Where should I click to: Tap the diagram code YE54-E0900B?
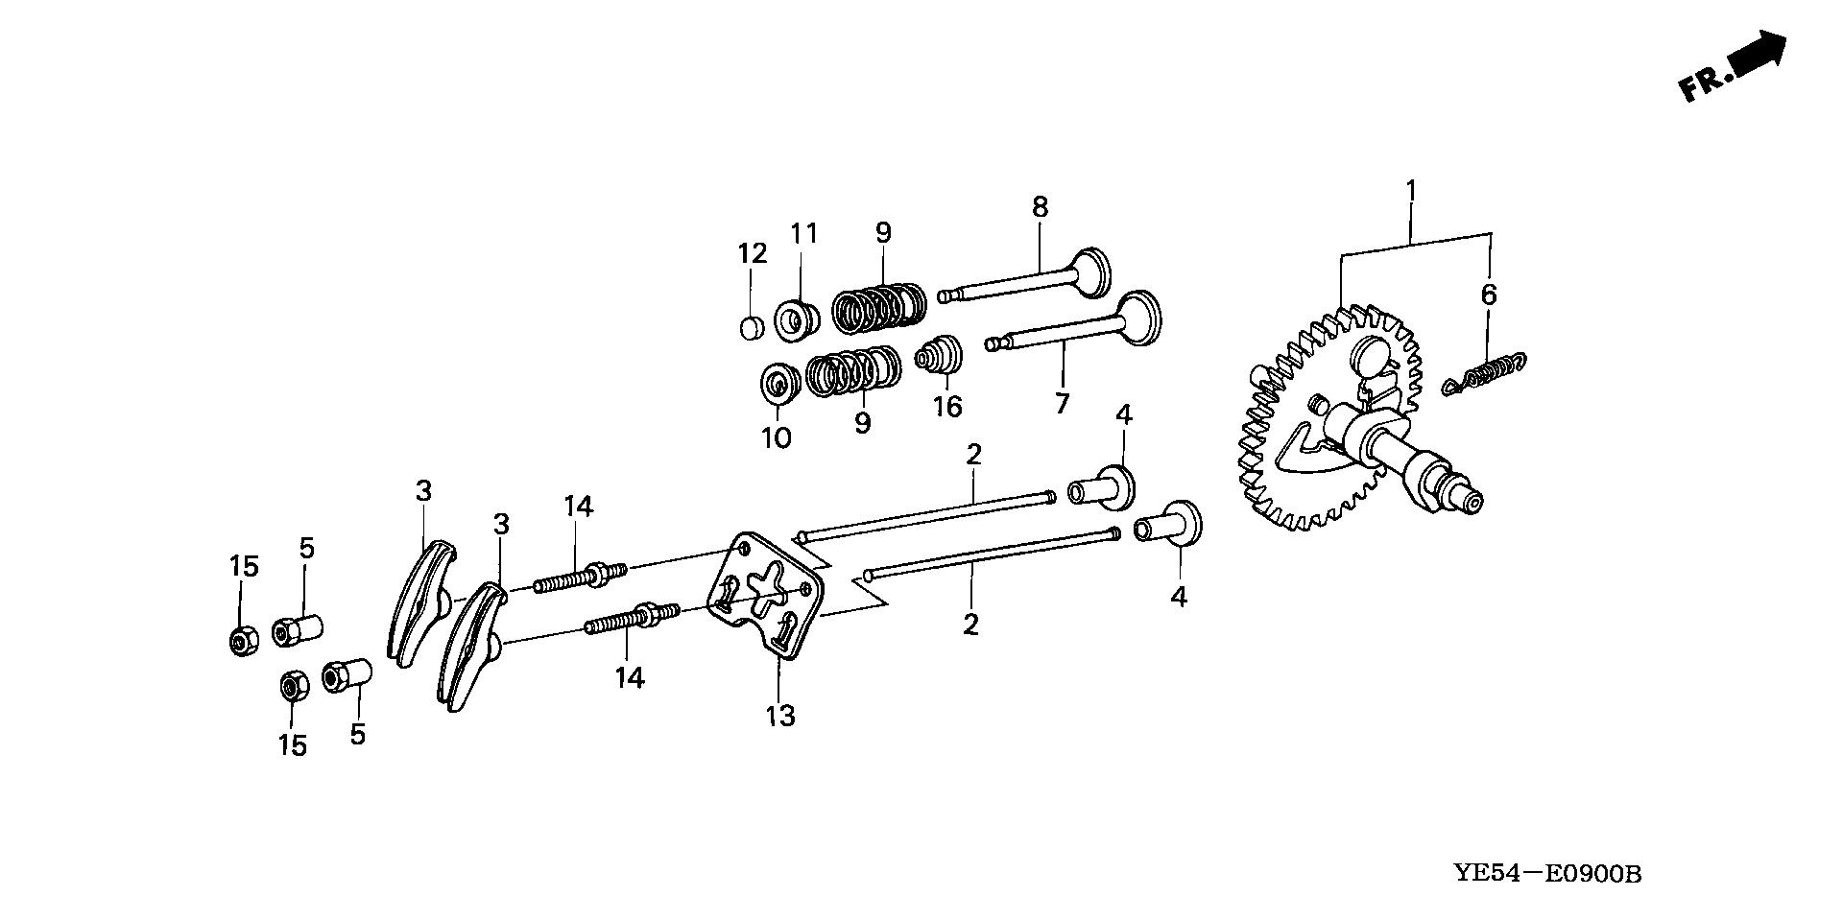click(1547, 874)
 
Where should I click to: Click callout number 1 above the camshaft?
click(1411, 192)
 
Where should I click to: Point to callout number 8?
click(1041, 206)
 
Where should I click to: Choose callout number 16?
click(947, 407)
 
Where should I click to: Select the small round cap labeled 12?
click(752, 328)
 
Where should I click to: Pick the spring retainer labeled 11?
click(797, 319)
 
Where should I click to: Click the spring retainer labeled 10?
click(779, 385)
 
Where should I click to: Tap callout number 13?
click(780, 716)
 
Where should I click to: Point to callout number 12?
click(753, 254)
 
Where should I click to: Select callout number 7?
click(1062, 404)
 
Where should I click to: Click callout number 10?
click(776, 438)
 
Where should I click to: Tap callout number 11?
click(803, 233)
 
